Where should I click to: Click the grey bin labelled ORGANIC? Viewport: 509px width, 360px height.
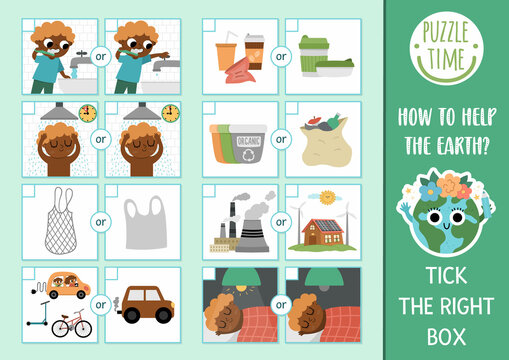tap(245, 140)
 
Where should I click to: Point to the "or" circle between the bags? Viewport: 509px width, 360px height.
tap(100, 222)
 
